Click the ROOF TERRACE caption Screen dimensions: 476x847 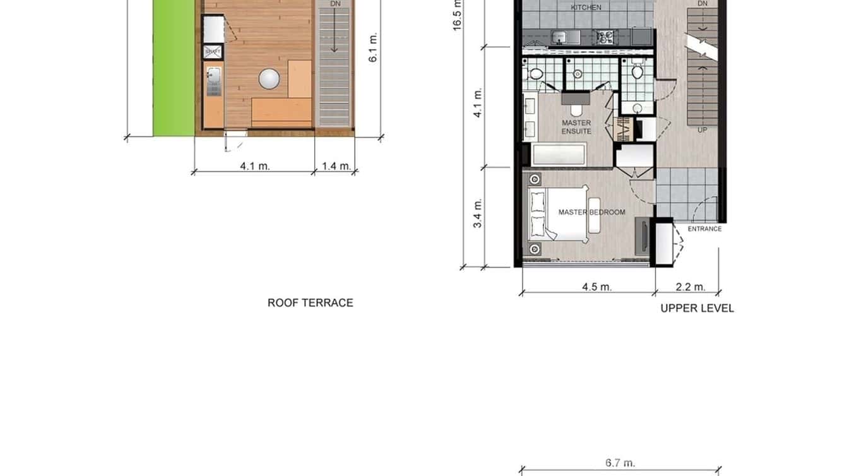[x=310, y=302]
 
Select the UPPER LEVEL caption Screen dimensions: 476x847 [x=697, y=308]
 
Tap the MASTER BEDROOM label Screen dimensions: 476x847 [x=591, y=212]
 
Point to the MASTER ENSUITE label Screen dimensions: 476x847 [x=576, y=127]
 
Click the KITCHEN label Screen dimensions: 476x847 [x=586, y=8]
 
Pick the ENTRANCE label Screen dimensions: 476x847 [x=704, y=229]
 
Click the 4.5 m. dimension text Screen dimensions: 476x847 [x=596, y=287]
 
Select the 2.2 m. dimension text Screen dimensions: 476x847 [x=690, y=287]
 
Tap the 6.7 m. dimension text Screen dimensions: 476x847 [x=620, y=463]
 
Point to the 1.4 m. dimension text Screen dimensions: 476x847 [x=336, y=166]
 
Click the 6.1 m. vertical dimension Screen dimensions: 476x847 [x=373, y=47]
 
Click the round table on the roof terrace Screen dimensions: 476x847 [x=269, y=78]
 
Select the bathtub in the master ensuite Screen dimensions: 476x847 [x=559, y=155]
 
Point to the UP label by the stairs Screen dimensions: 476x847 [x=702, y=129]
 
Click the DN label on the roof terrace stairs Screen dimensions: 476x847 [x=334, y=4]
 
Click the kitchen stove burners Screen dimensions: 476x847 [x=605, y=37]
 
